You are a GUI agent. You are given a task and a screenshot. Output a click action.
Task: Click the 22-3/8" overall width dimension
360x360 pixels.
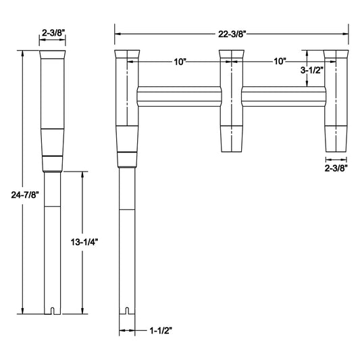click(x=232, y=31)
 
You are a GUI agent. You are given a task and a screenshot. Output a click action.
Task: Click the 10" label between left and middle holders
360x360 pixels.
click(x=179, y=61)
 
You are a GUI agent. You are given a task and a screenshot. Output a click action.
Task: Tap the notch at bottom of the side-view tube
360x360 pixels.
click(x=53, y=311)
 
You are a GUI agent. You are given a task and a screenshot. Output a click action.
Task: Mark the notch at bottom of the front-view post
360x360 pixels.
click(x=126, y=311)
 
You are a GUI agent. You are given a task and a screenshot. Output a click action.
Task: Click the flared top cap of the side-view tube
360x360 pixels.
click(x=53, y=55)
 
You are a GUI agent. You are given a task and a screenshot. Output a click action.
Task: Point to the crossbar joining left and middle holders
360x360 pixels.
click(x=179, y=97)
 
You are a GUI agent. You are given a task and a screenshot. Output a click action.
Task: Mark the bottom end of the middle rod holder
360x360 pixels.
click(x=231, y=149)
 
